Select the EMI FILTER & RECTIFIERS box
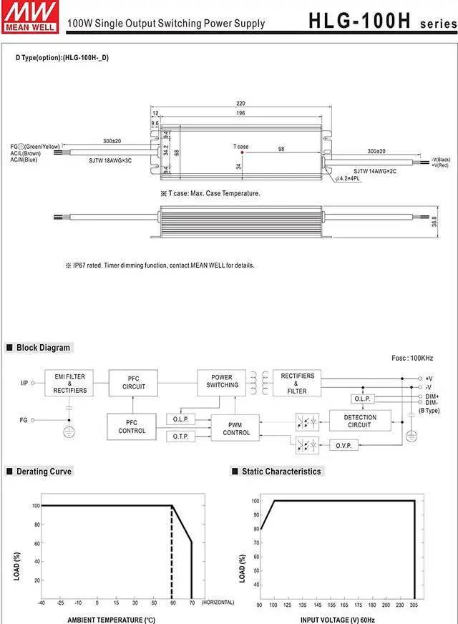[x=69, y=384]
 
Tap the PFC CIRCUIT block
[x=134, y=383]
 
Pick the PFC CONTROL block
[x=131, y=426]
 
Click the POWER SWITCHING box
[x=223, y=381]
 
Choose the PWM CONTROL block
[x=236, y=429]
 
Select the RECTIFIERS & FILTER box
[x=297, y=383]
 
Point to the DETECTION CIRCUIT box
[x=359, y=421]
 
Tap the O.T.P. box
[x=180, y=437]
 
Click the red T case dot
[x=243, y=152]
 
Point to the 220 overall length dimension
[x=241, y=103]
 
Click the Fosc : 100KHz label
[x=412, y=358]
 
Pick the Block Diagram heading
[x=43, y=348]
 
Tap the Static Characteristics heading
[x=281, y=472]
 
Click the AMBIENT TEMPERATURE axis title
[x=111, y=619]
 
